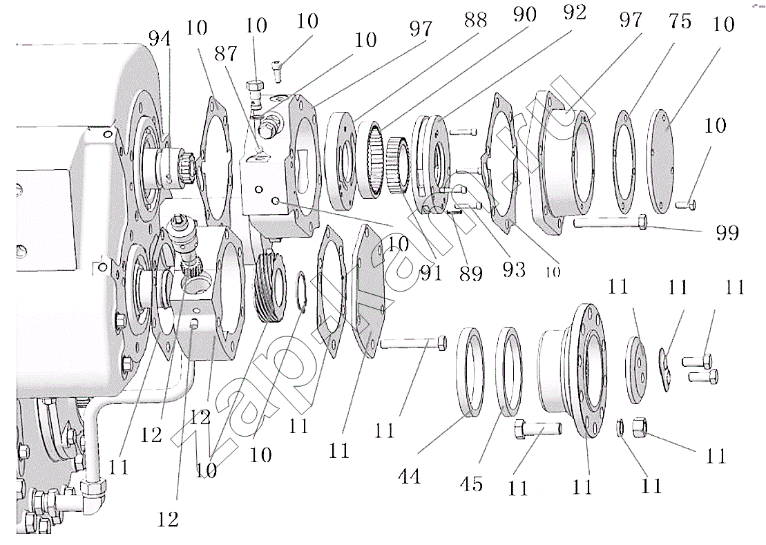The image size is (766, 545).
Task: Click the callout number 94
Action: click(x=160, y=38)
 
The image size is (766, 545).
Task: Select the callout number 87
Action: click(x=226, y=54)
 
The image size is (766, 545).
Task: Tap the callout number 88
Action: click(x=475, y=21)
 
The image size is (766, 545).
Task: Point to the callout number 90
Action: click(x=525, y=15)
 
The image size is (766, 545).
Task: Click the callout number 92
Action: click(x=575, y=12)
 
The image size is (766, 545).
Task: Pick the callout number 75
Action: click(x=680, y=21)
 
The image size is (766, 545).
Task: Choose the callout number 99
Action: click(x=727, y=232)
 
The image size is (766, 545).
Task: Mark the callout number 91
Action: click(x=432, y=273)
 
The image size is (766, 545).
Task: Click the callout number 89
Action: click(x=471, y=274)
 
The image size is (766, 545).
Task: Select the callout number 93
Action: click(x=514, y=269)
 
